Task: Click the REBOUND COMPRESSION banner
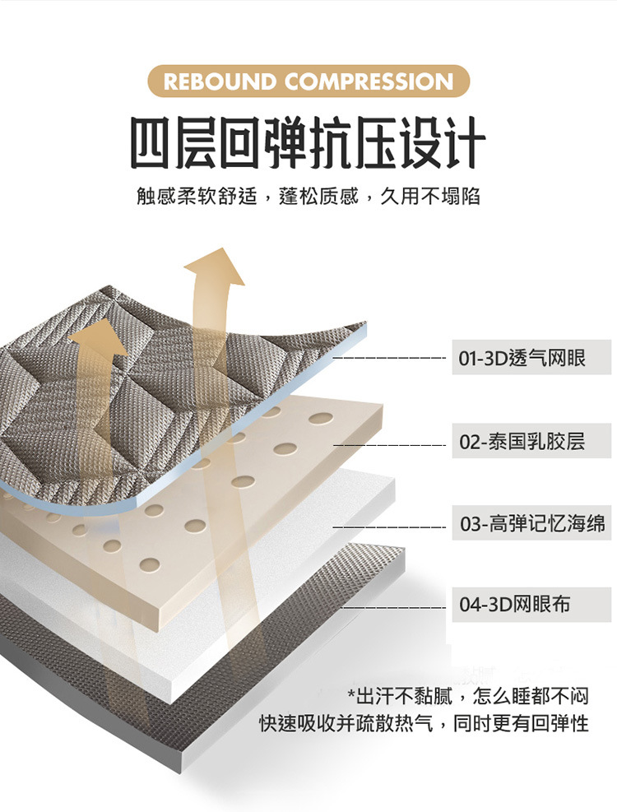(308, 81)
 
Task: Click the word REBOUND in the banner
(220, 81)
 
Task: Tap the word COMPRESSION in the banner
(369, 81)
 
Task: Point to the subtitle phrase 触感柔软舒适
(197, 197)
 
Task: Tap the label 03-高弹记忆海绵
(532, 523)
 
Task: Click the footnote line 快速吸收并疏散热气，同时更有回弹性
(424, 724)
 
